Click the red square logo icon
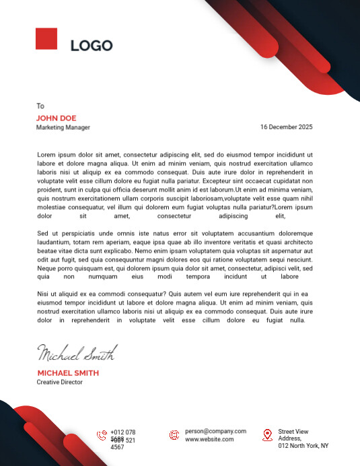point(46,38)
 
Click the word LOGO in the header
point(92,46)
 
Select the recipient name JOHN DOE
point(57,118)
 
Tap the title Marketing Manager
point(63,127)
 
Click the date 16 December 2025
point(286,127)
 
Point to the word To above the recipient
point(40,106)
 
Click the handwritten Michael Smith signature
point(77,353)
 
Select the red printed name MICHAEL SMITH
point(68,373)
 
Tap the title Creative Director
point(60,382)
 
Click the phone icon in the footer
point(102,435)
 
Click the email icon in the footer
point(174,435)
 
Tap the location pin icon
point(266,434)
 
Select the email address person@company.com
point(216,431)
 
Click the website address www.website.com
point(210,439)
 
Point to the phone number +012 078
point(123,432)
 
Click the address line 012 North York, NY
point(303,446)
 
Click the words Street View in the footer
point(293,431)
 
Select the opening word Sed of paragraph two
point(42,233)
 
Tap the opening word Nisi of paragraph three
point(44,294)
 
